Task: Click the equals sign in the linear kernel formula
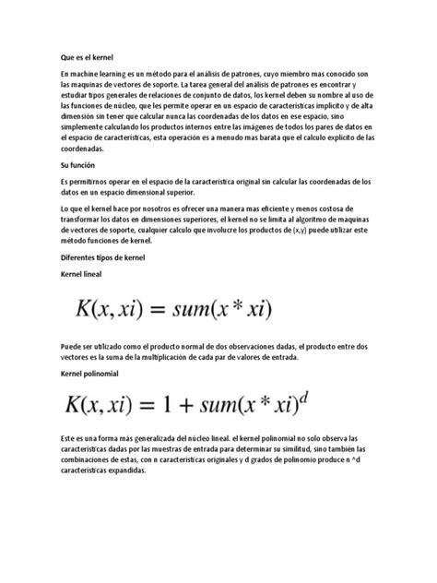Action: click(166, 308)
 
